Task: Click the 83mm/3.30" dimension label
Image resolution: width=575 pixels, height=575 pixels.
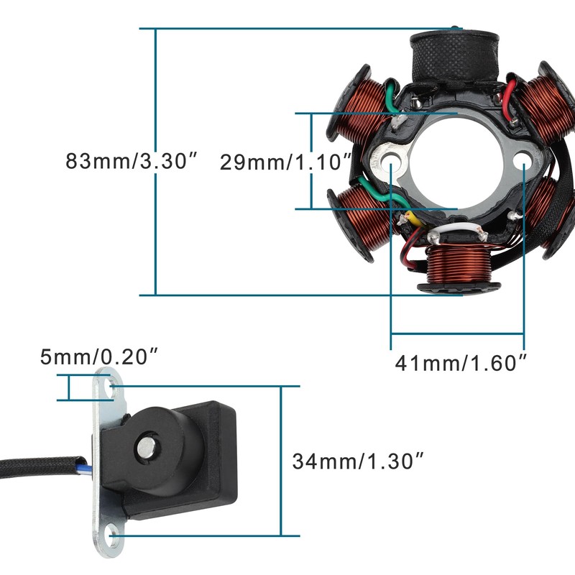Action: pos(132,160)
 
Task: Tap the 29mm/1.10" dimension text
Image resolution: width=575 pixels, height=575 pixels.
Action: pos(285,162)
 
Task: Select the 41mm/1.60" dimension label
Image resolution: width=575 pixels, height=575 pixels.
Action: pos(461,363)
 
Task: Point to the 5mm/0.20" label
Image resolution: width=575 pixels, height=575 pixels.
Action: pos(99,356)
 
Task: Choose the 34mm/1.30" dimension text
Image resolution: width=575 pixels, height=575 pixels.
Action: pos(358,461)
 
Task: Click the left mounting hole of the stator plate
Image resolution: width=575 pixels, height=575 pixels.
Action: pos(390,160)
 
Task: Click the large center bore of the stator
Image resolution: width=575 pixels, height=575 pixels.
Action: pos(455,161)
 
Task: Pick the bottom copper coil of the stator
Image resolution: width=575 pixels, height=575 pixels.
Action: pos(459,267)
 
